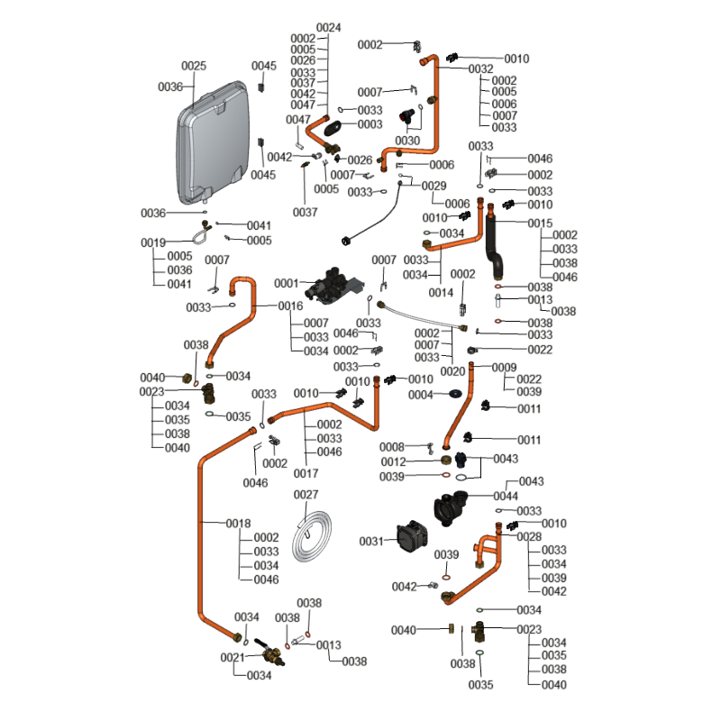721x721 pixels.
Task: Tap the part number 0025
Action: click(x=195, y=66)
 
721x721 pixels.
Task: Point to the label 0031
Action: click(x=371, y=541)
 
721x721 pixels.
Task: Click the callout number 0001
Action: click(x=286, y=283)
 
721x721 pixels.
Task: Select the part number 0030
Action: click(x=407, y=141)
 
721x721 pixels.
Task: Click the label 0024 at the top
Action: click(x=329, y=28)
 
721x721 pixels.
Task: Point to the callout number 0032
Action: click(x=480, y=68)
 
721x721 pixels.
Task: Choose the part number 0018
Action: click(x=238, y=523)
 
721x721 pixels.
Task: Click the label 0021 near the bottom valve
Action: click(x=233, y=657)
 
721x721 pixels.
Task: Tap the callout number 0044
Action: click(x=506, y=497)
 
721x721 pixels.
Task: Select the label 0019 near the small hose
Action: click(x=153, y=242)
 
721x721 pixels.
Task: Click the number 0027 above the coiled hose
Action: click(x=306, y=495)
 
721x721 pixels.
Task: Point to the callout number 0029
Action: click(x=434, y=186)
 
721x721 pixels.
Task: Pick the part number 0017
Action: click(x=306, y=473)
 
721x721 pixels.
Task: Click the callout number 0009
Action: click(x=504, y=367)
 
